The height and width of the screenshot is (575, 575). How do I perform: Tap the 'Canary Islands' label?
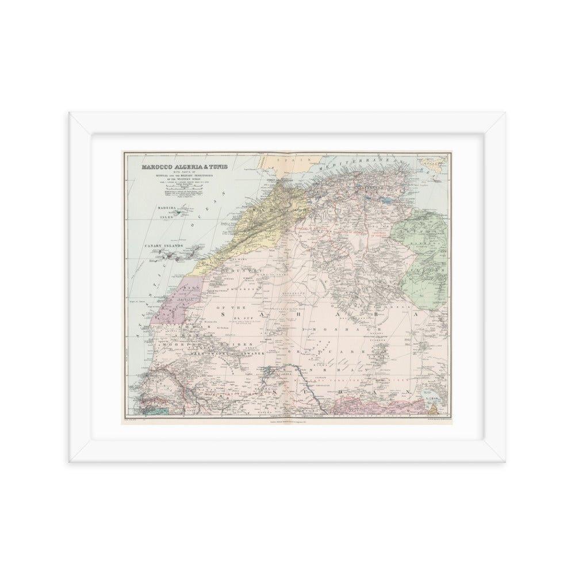pos(162,246)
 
